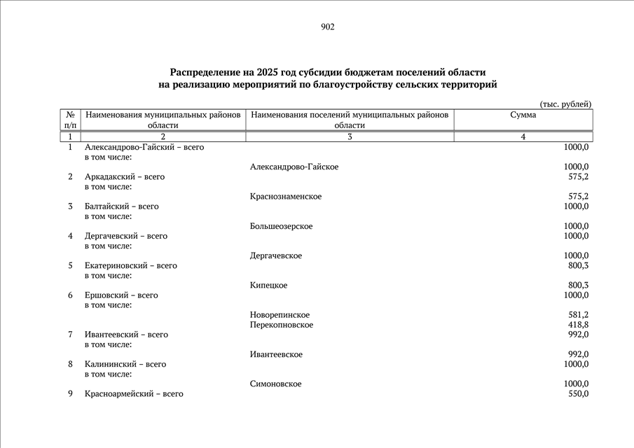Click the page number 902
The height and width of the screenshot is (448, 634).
(x=327, y=27)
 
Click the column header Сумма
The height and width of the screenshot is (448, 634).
(x=523, y=115)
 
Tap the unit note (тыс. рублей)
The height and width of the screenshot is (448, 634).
(x=565, y=104)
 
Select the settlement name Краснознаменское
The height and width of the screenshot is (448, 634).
(x=285, y=197)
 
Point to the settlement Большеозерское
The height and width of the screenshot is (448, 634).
(x=281, y=226)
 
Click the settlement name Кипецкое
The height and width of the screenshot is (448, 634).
(x=268, y=286)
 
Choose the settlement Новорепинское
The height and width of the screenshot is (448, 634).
(x=280, y=315)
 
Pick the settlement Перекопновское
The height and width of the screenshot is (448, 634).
(x=281, y=325)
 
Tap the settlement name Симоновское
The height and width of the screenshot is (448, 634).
(x=275, y=384)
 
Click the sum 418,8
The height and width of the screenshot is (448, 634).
(x=577, y=325)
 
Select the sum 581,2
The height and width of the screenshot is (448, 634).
(x=577, y=315)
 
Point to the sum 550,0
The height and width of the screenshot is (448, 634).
(x=577, y=394)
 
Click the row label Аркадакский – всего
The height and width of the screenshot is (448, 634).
(x=124, y=177)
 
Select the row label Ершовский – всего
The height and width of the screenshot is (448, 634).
(x=120, y=295)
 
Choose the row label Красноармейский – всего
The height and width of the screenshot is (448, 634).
(x=133, y=394)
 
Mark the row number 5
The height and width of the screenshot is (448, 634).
(x=70, y=266)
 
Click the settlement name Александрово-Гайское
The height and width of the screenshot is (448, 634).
(x=294, y=167)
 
